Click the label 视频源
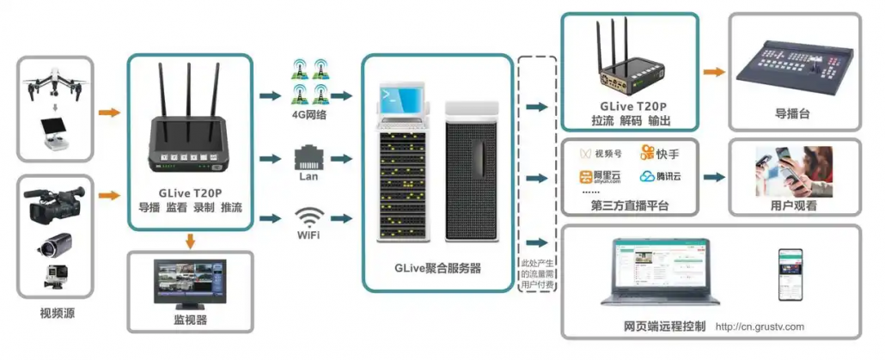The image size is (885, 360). point(57,313)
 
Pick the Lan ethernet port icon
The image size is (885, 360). point(308,157)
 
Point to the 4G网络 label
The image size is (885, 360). point(308,113)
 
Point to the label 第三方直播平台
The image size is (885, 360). point(629,206)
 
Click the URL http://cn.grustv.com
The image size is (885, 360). point(760,326)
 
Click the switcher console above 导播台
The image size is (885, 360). point(793,71)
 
